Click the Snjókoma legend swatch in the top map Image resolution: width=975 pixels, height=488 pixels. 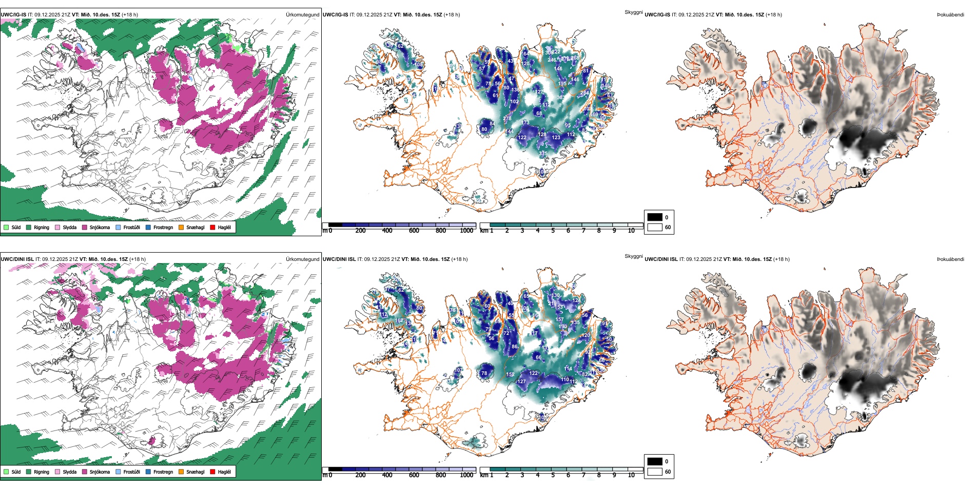click(x=85, y=227)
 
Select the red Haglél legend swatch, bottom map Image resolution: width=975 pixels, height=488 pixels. click(x=213, y=472)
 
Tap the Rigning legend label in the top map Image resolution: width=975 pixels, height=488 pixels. click(x=42, y=228)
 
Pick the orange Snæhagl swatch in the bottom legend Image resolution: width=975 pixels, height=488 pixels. click(x=181, y=472)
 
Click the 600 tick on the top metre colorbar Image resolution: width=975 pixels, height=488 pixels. click(x=414, y=231)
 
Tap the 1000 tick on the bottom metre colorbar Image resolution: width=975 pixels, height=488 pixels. click(x=466, y=475)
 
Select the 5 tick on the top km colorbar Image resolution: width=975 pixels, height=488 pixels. click(x=553, y=231)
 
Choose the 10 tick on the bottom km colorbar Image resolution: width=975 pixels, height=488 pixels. click(x=631, y=475)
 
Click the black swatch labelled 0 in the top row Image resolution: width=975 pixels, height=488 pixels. click(x=655, y=217)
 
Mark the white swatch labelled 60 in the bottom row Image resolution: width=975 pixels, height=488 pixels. click(x=655, y=472)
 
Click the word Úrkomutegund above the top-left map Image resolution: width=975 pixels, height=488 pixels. click(x=302, y=15)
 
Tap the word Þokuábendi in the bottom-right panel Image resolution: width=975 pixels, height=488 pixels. click(x=950, y=259)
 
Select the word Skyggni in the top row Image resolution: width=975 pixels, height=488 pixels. click(x=633, y=12)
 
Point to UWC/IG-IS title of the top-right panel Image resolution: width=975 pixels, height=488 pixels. click(x=657, y=15)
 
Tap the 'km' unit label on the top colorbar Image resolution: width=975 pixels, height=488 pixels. click(x=484, y=231)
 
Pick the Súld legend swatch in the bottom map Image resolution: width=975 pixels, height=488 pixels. click(x=6, y=472)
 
